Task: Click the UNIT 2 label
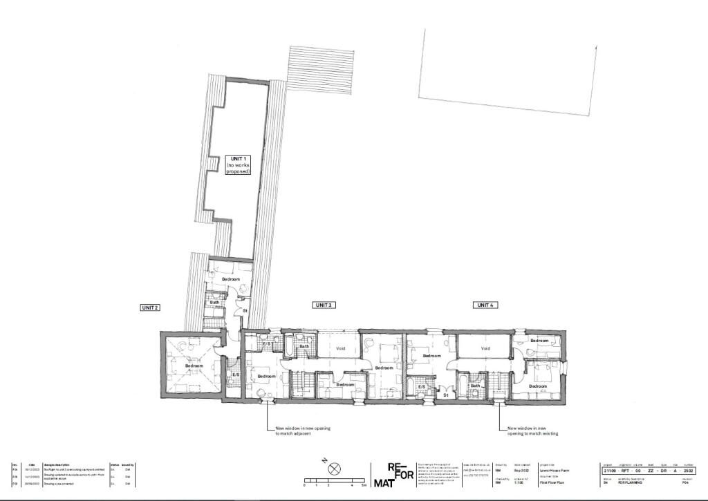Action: (x=150, y=307)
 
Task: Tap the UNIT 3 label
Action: (x=324, y=305)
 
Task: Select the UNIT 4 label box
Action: (x=485, y=305)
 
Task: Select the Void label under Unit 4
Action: (x=485, y=349)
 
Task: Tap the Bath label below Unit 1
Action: (x=214, y=302)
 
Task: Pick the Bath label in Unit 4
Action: (x=475, y=386)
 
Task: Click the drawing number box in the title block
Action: (x=647, y=469)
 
